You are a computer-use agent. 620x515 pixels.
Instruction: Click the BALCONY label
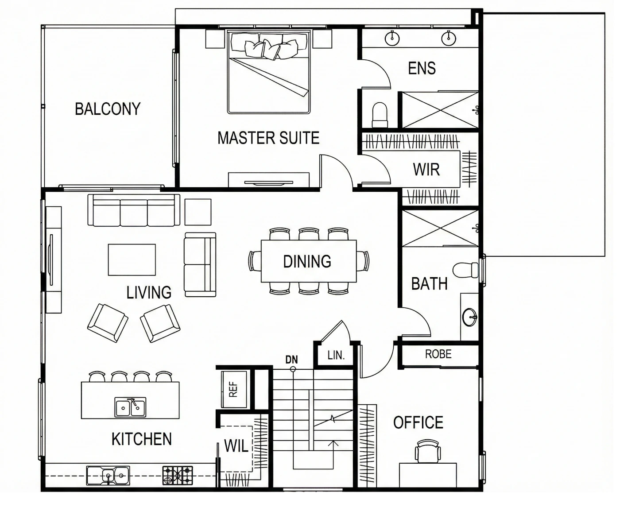tap(108, 109)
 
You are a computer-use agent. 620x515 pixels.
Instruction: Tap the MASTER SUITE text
tap(268, 138)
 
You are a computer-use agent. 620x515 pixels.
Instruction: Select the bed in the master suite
tap(269, 72)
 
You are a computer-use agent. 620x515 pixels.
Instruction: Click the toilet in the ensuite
tap(380, 115)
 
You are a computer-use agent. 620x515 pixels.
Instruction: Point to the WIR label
tap(426, 170)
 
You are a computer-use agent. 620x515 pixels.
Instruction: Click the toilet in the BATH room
tap(465, 270)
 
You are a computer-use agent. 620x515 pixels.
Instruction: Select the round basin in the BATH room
tap(470, 317)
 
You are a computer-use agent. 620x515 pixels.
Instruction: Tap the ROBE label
tap(438, 354)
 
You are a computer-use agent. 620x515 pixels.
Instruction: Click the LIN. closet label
tap(336, 355)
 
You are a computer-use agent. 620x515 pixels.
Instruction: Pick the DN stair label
tap(291, 360)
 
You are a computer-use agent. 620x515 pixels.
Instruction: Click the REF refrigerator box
tap(234, 389)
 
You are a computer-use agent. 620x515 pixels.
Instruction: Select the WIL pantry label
tap(236, 446)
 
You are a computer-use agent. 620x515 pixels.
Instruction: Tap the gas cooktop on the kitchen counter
tap(178, 476)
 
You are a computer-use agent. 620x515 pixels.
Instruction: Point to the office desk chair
tap(428, 451)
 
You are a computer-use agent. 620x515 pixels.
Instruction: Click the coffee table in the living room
tap(132, 260)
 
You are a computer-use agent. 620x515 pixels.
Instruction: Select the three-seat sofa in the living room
tap(134, 210)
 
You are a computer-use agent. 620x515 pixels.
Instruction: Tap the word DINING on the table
tap(307, 262)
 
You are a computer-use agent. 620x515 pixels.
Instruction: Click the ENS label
tap(422, 68)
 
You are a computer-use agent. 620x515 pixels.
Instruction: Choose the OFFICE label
tap(418, 422)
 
